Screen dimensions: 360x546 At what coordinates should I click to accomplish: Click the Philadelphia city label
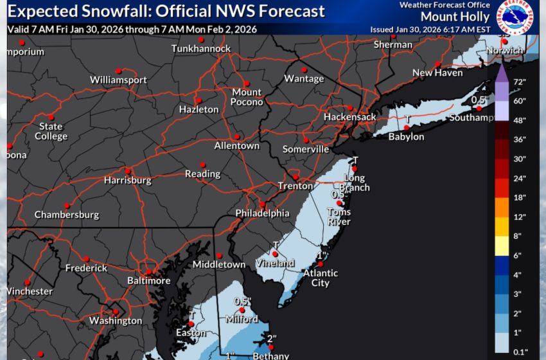258,213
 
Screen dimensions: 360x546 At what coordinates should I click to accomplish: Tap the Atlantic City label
320,278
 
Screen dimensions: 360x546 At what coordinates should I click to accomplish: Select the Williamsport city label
118,80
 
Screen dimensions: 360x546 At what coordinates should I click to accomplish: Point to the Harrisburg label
127,180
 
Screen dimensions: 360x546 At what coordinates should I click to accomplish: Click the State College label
51,131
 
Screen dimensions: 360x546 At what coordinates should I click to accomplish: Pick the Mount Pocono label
247,97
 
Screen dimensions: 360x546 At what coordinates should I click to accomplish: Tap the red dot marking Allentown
236,136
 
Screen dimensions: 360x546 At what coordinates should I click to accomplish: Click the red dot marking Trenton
295,177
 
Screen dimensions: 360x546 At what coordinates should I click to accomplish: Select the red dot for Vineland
275,253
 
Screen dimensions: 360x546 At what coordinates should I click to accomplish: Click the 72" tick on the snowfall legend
520,82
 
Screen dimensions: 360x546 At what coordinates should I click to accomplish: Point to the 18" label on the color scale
520,197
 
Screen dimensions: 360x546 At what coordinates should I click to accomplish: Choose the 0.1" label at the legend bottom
520,350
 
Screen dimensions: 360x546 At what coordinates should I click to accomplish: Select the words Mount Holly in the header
450,17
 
